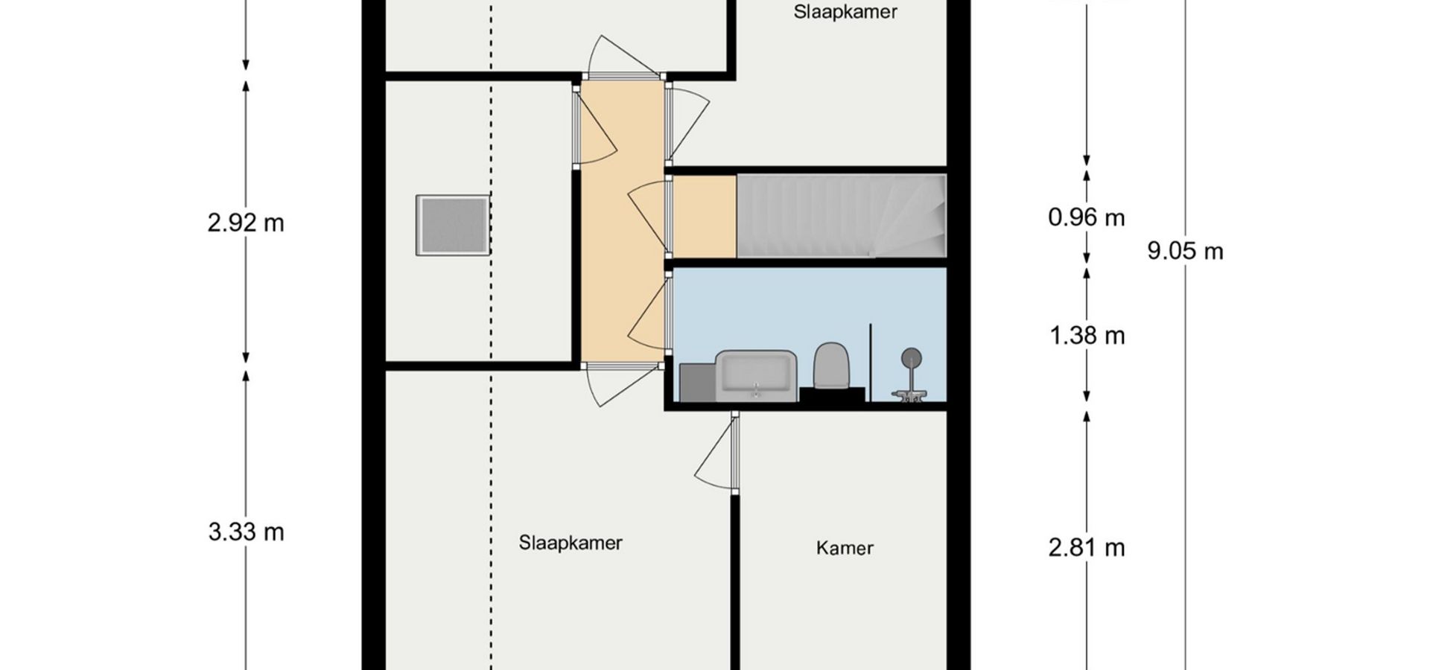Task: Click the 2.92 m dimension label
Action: tap(246, 223)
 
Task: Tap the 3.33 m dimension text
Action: tap(246, 532)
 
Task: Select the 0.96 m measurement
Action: tap(1087, 217)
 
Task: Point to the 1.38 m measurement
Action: tap(1087, 336)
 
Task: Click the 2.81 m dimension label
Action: tap(1087, 548)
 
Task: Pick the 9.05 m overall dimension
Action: tap(1185, 251)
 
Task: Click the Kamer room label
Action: tap(845, 549)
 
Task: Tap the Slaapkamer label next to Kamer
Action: tap(571, 543)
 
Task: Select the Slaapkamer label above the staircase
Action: tap(845, 12)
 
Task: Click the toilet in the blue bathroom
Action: tap(831, 366)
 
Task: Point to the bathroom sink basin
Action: tap(756, 376)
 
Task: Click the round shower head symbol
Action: tap(911, 359)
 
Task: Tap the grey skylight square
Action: tap(453, 226)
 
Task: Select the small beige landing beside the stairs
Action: tap(705, 217)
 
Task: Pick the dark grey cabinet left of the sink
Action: tap(697, 382)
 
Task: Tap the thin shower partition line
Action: tap(871, 363)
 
